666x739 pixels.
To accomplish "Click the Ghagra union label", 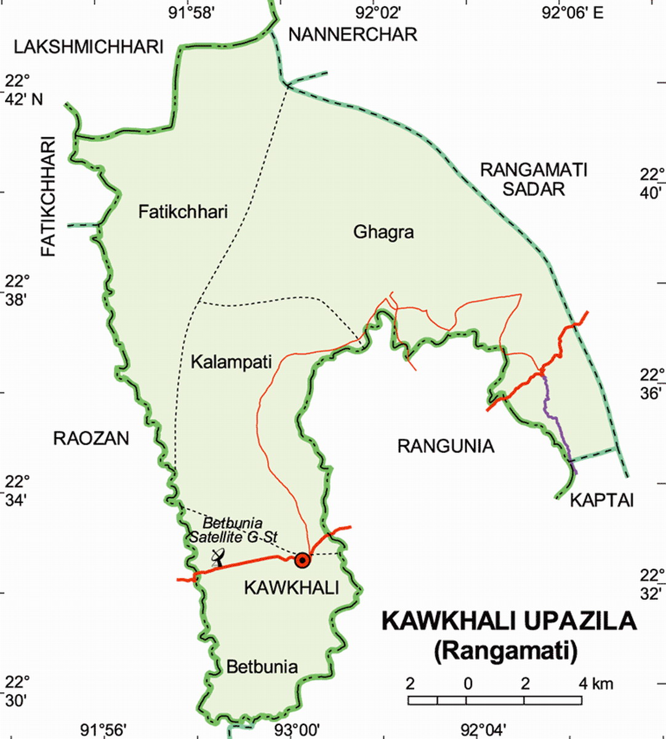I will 383,232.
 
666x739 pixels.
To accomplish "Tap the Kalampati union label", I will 231,361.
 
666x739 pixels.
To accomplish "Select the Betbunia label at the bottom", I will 262,666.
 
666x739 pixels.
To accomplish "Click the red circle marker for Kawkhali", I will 302,560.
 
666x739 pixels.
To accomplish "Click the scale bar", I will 495,700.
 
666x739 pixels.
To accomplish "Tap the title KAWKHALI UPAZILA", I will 509,621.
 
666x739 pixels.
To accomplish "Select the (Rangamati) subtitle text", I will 506,651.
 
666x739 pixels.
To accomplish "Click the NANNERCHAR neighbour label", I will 353,34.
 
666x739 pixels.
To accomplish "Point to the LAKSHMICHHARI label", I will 90,47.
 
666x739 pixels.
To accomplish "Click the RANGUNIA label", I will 446,446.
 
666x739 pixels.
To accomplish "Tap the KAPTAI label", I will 601,500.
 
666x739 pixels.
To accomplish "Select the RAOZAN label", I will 91,438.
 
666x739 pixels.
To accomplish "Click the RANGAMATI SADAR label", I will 534,179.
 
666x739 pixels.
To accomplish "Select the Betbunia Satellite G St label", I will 233,530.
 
